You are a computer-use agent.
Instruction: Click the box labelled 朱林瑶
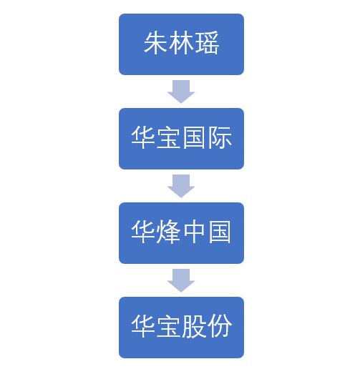pos(181,44)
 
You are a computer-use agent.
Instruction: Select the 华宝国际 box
pos(181,139)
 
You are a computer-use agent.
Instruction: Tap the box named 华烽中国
pos(181,233)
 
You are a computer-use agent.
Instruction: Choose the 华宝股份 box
pos(181,328)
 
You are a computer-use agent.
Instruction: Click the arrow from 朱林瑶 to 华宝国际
pos(181,91)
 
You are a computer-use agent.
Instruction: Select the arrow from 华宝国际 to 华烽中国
pos(181,185)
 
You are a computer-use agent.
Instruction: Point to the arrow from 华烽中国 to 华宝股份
pos(181,280)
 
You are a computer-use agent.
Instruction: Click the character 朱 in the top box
pos(156,44)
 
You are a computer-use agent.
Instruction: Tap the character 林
pos(181,44)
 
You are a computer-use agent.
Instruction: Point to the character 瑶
pos(207,44)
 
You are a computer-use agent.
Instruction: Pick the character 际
pos(220,139)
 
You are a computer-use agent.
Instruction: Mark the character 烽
pos(169,233)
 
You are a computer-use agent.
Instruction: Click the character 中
pos(195,233)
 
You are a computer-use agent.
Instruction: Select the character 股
pos(195,328)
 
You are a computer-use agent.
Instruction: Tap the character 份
pos(220,328)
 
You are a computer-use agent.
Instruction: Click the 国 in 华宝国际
pos(195,139)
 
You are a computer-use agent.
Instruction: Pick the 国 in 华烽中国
pos(220,233)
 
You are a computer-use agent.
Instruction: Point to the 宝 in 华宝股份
pos(169,328)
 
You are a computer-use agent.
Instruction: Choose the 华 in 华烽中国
pos(143,233)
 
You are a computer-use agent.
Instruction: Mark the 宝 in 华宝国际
pos(169,139)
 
